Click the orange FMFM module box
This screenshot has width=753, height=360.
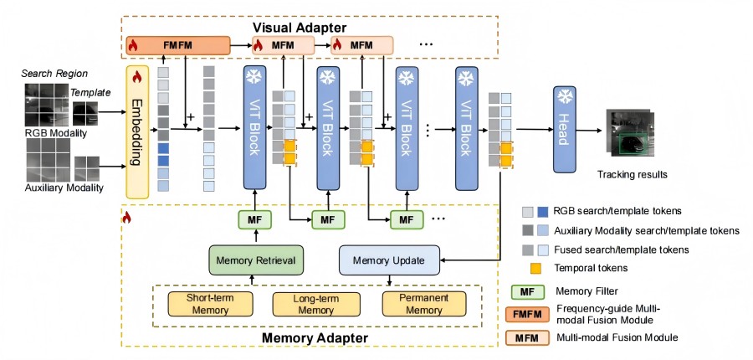click(177, 45)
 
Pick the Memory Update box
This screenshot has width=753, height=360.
click(387, 260)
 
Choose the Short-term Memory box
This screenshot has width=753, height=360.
click(202, 304)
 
